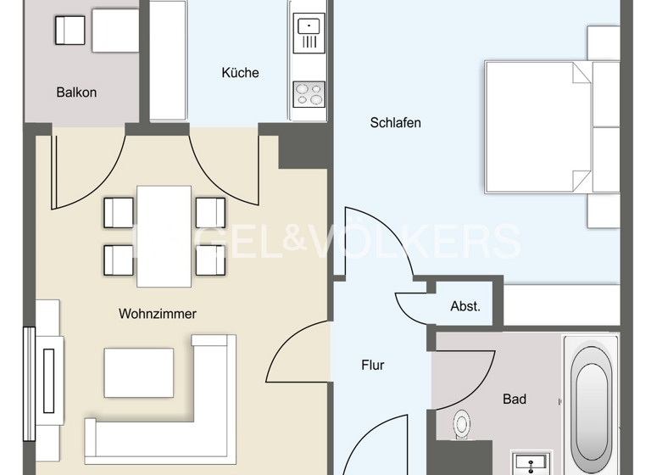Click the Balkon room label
[x=76, y=92]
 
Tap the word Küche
[x=240, y=73]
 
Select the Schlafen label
[x=395, y=122]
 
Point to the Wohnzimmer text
[x=157, y=314]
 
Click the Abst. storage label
[x=465, y=306]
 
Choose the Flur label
[x=373, y=366]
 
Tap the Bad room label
[x=515, y=399]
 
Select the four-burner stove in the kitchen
[x=309, y=93]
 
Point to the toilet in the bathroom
[x=462, y=423]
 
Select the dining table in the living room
[x=164, y=236]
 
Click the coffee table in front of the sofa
[x=139, y=372]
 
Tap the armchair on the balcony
[x=69, y=32]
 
